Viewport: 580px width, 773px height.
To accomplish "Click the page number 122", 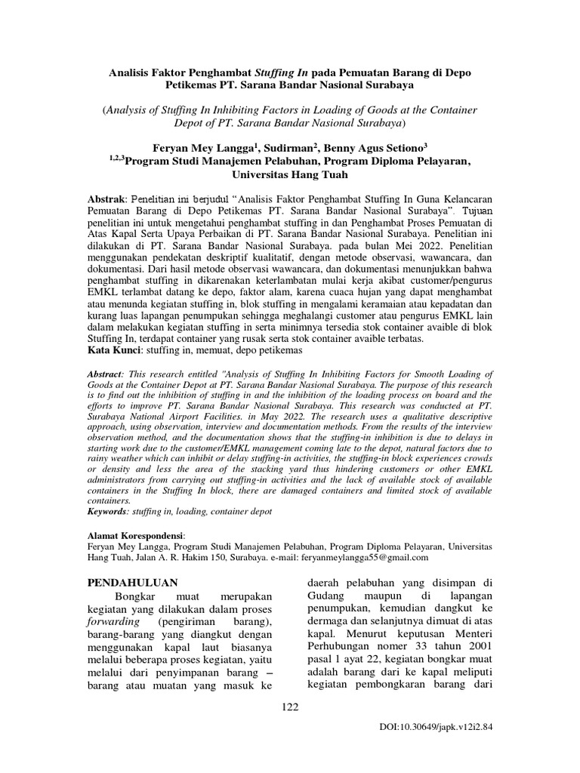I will pyautogui.click(x=290, y=707).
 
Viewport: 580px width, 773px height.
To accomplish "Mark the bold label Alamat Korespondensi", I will pyautogui.click(x=140, y=534).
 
